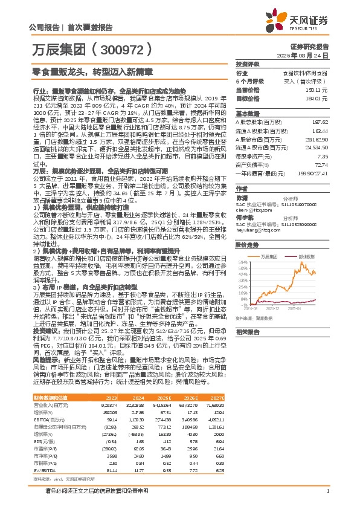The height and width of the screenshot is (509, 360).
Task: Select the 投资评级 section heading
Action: tap(248, 63)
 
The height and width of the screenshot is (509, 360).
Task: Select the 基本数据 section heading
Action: tap(248, 113)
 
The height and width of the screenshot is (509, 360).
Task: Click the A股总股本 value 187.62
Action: tap(320, 121)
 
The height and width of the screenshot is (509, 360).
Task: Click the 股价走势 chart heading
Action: tap(248, 246)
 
